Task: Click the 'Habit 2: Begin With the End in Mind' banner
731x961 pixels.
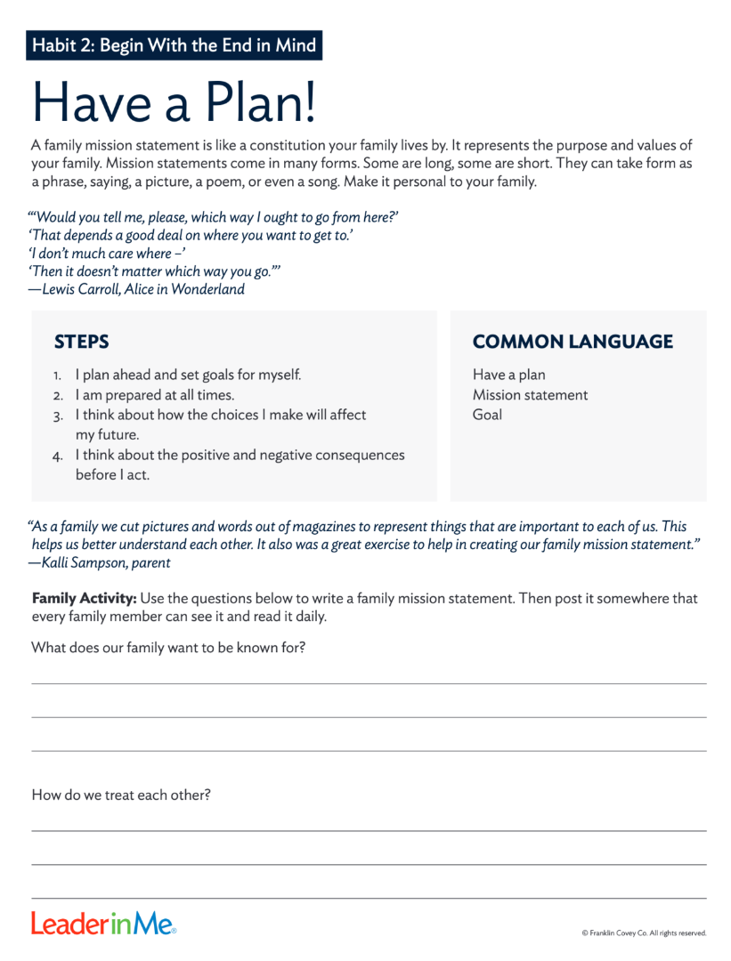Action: pos(174,44)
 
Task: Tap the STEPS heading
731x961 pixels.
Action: pos(81,342)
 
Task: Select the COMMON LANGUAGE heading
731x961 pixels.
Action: pos(573,342)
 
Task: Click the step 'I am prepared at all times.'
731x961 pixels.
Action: pos(154,395)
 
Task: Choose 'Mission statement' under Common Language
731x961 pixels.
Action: pos(530,395)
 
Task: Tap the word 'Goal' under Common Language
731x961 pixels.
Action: pos(487,415)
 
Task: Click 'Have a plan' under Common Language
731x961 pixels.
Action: pos(508,376)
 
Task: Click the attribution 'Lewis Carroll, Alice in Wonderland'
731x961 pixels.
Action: pos(136,289)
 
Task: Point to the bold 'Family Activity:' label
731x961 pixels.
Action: pos(84,598)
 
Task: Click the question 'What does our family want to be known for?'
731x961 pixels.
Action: pos(168,648)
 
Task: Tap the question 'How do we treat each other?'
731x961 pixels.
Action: pos(121,795)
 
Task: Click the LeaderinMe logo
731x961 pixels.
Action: pos(103,924)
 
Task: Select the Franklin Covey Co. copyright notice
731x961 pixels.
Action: pos(643,933)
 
